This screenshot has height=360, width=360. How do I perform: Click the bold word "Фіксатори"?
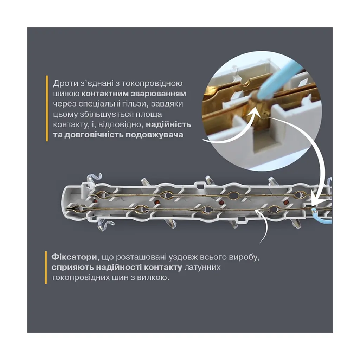point(74,257)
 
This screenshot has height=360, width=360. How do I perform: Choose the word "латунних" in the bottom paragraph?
point(202,267)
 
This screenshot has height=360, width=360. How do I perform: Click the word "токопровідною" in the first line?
point(152,83)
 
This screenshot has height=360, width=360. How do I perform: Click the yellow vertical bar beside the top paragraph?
point(47,108)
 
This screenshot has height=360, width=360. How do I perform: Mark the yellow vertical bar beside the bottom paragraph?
point(46,268)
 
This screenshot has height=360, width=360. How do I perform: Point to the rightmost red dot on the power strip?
point(286,202)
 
